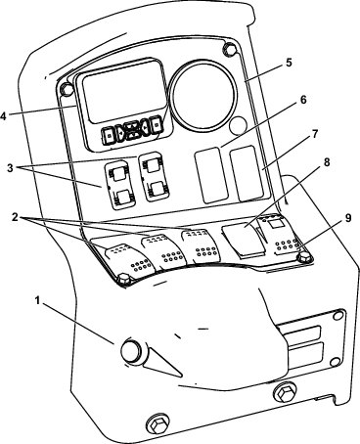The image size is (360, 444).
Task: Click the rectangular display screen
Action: pos(120,97)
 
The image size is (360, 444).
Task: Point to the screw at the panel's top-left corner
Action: pos(67,91)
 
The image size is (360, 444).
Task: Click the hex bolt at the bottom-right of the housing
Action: pos(286,394)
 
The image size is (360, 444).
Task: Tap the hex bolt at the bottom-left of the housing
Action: pos(155,427)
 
